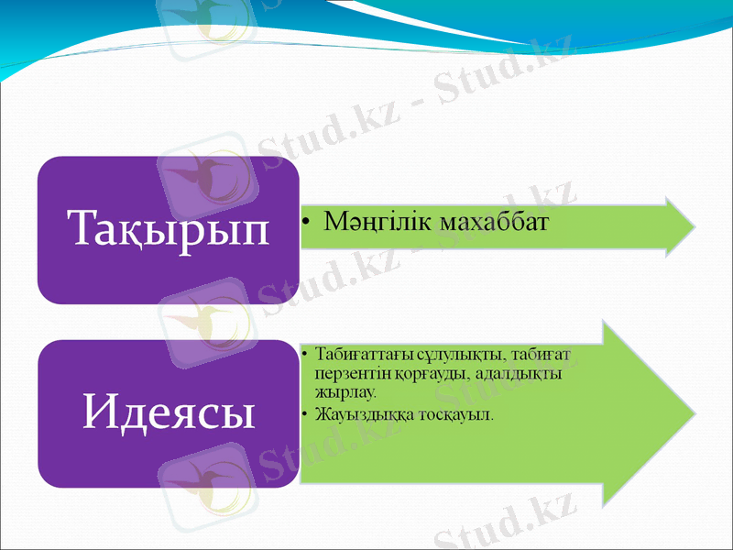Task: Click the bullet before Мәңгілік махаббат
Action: [311, 224]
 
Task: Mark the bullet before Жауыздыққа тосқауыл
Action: [304, 414]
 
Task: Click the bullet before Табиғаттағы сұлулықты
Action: [304, 355]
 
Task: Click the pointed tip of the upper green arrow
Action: [694, 225]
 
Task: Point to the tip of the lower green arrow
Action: [694, 412]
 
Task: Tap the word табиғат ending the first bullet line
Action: [547, 355]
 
